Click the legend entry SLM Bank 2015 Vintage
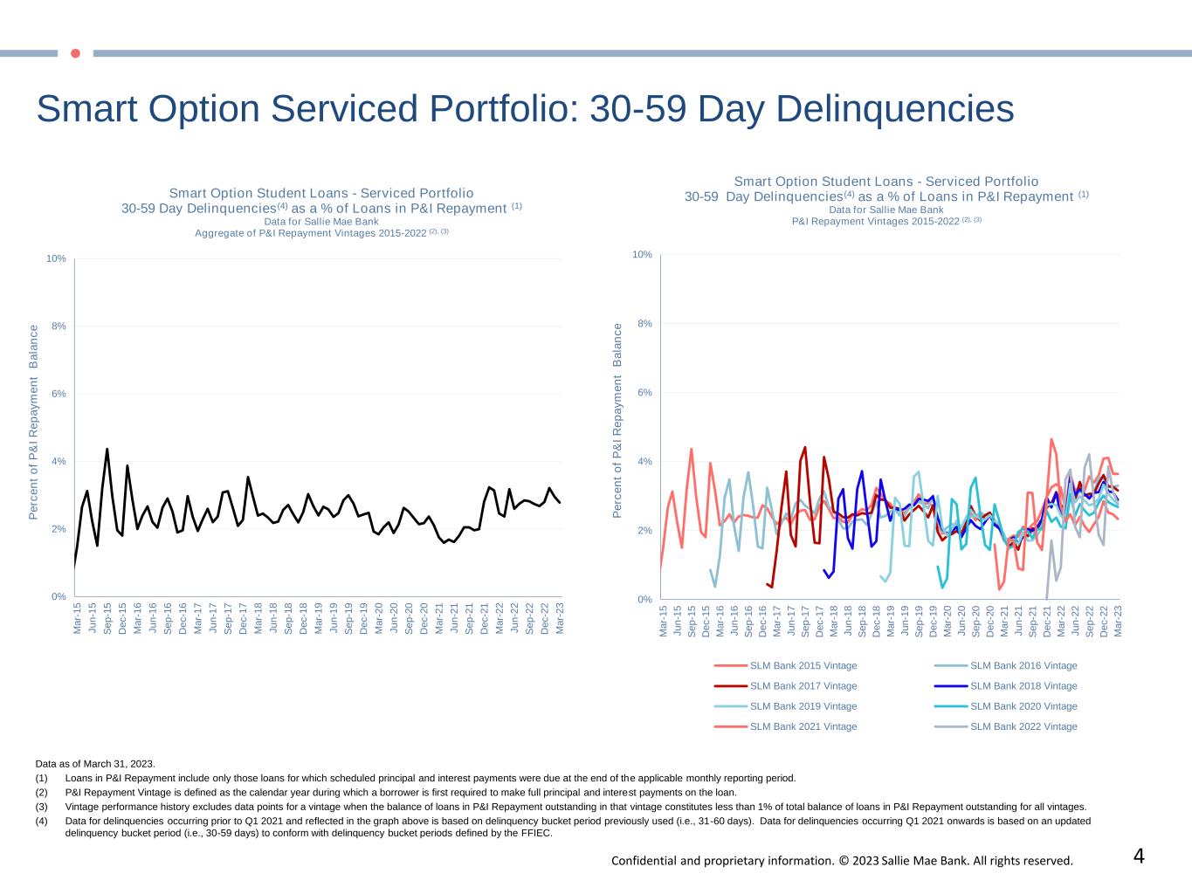[x=803, y=666]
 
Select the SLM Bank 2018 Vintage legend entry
[x=1023, y=686]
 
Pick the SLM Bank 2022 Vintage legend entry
[x=1023, y=726]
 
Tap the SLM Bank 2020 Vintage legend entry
[x=1023, y=706]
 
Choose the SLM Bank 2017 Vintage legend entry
[x=803, y=686]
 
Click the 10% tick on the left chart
[x=57, y=259]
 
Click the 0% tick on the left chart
[x=59, y=597]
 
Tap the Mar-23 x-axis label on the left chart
[x=560, y=617]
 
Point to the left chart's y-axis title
[x=34, y=423]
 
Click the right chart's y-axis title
[x=618, y=420]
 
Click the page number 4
[x=1139, y=856]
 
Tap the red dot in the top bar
[x=75, y=53]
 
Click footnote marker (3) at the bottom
[x=42, y=807]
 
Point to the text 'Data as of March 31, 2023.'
[x=95, y=764]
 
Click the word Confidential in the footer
[x=644, y=861]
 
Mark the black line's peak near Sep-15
[x=107, y=449]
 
